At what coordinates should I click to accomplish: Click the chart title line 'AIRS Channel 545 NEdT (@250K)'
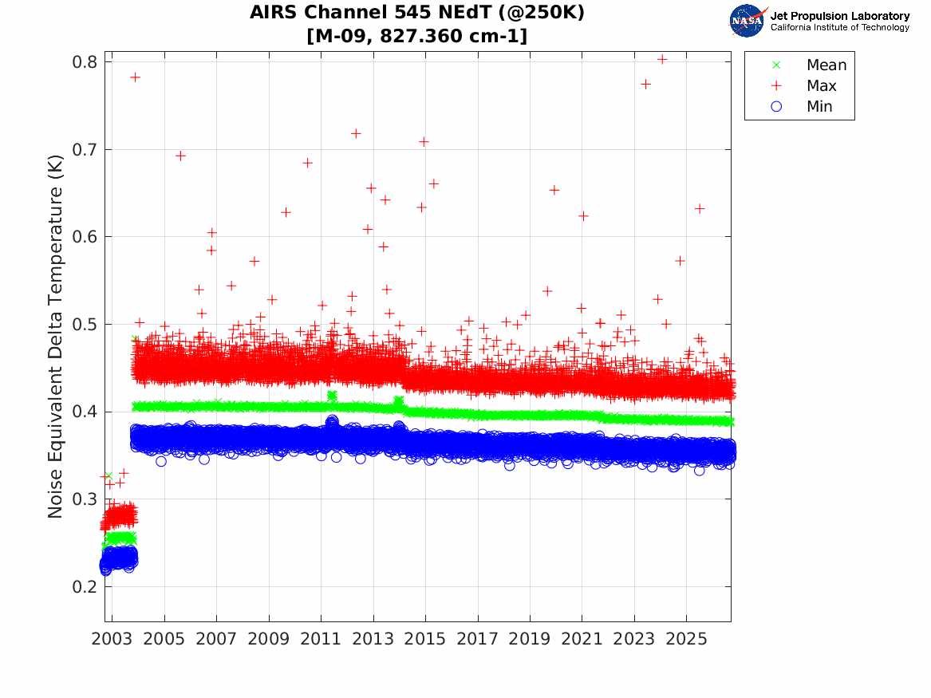(x=416, y=13)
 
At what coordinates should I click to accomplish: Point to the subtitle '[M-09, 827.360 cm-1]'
(x=416, y=36)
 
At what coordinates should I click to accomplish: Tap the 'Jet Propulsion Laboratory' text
(x=840, y=16)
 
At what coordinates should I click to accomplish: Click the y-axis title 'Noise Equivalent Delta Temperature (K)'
(x=55, y=337)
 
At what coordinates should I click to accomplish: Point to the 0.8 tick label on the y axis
(x=85, y=61)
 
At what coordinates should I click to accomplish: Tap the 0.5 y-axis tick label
(x=85, y=324)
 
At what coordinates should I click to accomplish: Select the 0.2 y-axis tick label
(x=85, y=586)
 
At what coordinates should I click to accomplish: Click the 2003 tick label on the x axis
(x=112, y=639)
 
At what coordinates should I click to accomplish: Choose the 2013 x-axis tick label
(x=373, y=639)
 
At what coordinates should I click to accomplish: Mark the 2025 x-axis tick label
(x=686, y=639)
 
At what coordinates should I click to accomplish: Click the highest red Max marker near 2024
(x=662, y=59)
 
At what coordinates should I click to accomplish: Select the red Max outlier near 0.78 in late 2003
(x=136, y=77)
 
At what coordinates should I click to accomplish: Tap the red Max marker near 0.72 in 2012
(x=356, y=133)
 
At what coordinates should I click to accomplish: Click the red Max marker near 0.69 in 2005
(x=180, y=156)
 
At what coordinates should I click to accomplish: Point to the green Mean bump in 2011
(x=332, y=396)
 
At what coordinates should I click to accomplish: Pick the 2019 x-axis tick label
(x=530, y=639)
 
